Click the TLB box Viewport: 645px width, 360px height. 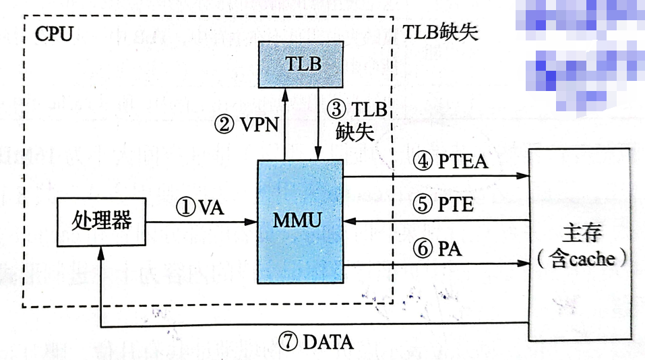click(x=302, y=65)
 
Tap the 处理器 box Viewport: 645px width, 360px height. click(x=101, y=220)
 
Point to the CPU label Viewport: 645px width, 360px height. click(x=53, y=34)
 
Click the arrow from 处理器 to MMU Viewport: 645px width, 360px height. click(x=202, y=220)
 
